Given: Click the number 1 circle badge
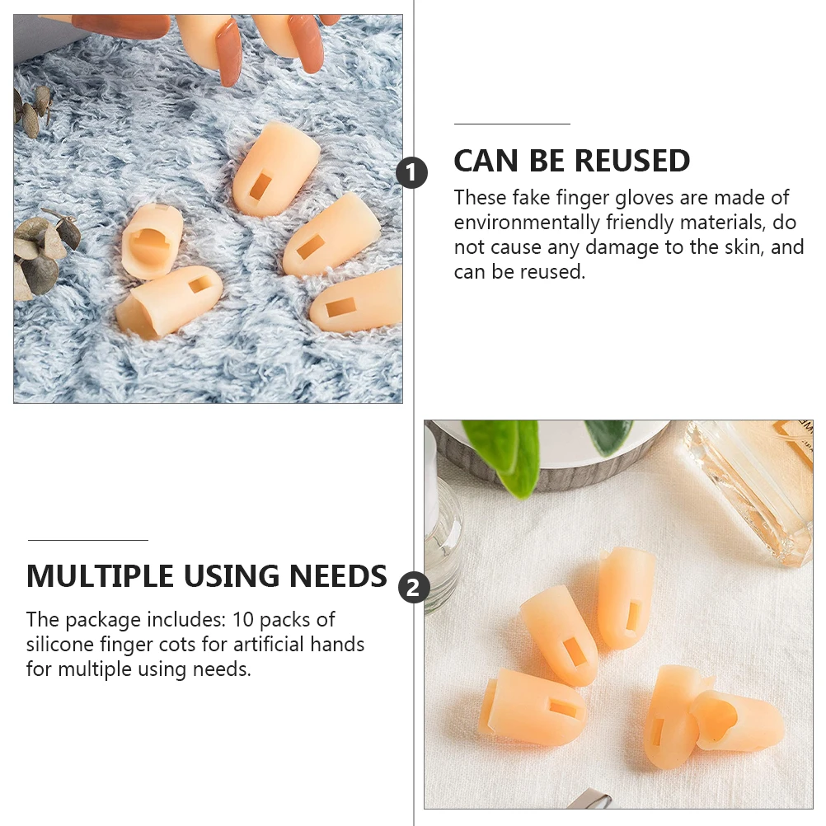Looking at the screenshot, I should click(412, 174).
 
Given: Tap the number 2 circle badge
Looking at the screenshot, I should click(414, 588).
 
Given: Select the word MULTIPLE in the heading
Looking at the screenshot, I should click(100, 575).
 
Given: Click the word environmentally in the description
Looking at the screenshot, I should click(527, 223).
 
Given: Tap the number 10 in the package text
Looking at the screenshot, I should click(244, 619).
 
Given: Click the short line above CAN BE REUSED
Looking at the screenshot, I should click(512, 124).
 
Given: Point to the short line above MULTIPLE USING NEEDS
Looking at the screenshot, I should click(87, 540).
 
